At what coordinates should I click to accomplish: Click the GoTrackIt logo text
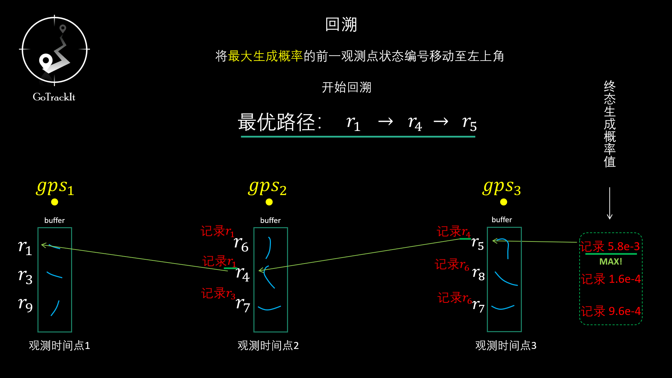coord(54,97)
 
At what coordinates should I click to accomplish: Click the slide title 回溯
coord(341,24)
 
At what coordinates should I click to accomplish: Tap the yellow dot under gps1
coord(55,202)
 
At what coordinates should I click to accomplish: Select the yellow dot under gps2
coord(269,202)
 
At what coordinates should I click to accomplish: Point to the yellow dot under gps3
coord(504,202)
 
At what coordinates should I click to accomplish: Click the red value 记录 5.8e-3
coord(610,246)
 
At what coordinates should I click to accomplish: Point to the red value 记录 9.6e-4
coord(611,311)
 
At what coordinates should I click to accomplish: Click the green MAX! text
coord(610,261)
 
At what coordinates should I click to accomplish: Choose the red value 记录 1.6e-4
coord(611,279)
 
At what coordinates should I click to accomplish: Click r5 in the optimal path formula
coord(469,123)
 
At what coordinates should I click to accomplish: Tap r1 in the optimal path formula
coord(353,123)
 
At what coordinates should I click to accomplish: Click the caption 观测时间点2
coord(268,345)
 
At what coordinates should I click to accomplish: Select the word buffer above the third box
coord(502,220)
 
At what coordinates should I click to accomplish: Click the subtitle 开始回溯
coord(346,87)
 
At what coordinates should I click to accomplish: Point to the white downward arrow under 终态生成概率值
coord(610,203)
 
